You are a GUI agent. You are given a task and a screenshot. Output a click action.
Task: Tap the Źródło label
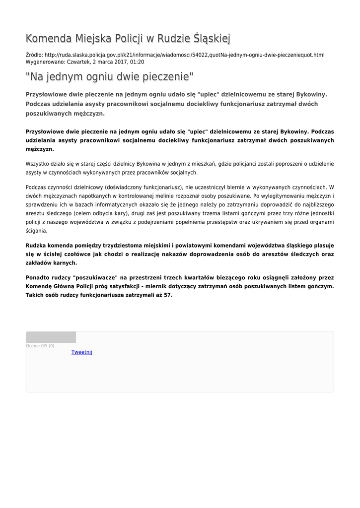coord(34,55)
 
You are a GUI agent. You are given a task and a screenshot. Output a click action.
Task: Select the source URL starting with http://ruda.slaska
coord(184,55)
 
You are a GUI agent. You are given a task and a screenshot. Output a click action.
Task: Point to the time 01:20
coord(137,62)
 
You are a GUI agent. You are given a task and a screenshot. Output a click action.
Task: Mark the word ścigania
coord(36,231)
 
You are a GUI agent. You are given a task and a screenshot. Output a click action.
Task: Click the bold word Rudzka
coord(37,246)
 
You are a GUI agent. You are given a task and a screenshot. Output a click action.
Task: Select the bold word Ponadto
coord(39,278)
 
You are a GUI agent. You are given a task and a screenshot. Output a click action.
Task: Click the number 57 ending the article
coord(168,295)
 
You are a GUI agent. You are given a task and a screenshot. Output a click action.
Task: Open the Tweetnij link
coord(82,352)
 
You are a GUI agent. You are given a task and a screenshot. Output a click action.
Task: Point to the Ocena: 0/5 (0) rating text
coord(40,346)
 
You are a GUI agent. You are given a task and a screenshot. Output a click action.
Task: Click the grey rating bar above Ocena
coord(51,337)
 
